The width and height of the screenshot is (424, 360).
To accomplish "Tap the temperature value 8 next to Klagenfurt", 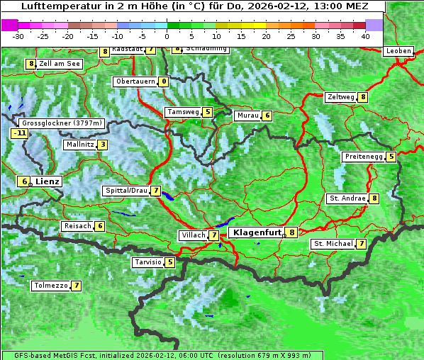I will click(x=291, y=232).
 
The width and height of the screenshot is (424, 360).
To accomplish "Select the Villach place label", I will click(x=193, y=235).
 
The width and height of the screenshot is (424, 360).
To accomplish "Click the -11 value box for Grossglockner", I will click(x=20, y=133).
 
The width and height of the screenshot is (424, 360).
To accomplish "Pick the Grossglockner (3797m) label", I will click(x=63, y=123).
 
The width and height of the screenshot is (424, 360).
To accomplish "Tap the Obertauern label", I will click(x=135, y=81).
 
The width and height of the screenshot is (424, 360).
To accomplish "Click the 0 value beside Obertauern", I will click(x=164, y=81).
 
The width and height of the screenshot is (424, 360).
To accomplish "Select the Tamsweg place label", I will click(x=183, y=112).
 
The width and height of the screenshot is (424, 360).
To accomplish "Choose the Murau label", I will click(x=247, y=116).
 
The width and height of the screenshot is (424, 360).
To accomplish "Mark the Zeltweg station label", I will click(x=341, y=97).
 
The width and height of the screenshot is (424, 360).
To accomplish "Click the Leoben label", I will click(x=398, y=51).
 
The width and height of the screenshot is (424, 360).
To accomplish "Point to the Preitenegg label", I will click(x=364, y=157).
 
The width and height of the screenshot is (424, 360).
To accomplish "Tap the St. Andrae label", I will click(x=347, y=198).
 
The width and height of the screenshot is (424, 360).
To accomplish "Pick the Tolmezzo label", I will click(x=50, y=286).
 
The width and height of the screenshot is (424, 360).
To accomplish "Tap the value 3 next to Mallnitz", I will click(x=103, y=145).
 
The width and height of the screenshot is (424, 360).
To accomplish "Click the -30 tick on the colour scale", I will click(x=18, y=36).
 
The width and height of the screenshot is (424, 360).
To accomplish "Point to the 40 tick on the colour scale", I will click(x=365, y=36).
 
